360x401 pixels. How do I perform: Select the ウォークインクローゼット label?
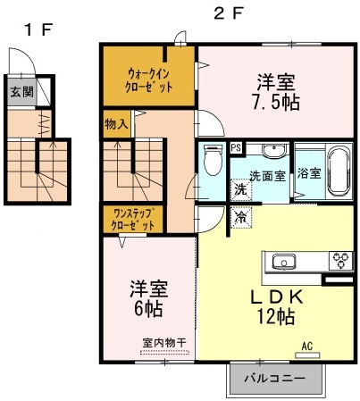coord(148,79)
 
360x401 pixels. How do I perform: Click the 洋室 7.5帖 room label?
coord(276,92)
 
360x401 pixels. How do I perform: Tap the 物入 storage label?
coord(115,124)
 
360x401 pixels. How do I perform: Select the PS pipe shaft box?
coord(236,148)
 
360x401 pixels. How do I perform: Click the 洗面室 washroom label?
coord(267,176)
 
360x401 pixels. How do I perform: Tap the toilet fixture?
coord(212,161)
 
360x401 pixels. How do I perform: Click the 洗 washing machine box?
coord(240,189)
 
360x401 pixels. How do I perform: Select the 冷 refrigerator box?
coord(240,217)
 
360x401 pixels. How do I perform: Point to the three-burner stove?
coord(339,263)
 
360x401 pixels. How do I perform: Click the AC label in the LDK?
coord(306,346)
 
